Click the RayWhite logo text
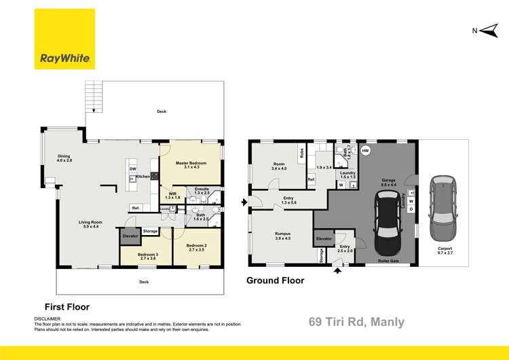[x=65, y=58]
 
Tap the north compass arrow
[x=483, y=30]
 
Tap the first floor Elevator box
[x=130, y=236]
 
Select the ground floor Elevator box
[x=324, y=239]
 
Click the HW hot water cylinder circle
[x=365, y=150]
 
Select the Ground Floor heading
[x=275, y=281]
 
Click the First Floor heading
[x=67, y=307]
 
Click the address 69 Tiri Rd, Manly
[x=356, y=322]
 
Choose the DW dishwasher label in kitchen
[x=133, y=169]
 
